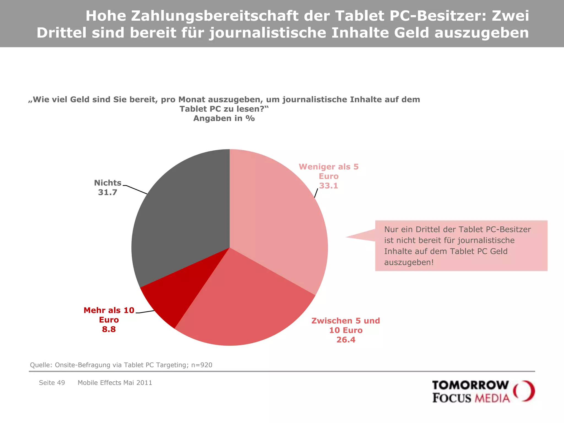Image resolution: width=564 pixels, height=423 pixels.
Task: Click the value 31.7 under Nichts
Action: click(108, 192)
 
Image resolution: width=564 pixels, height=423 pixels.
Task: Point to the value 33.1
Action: click(329, 186)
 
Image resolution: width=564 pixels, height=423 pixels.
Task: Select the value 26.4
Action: click(346, 340)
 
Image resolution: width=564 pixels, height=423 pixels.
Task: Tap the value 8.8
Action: click(109, 329)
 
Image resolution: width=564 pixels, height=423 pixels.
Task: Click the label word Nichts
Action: click(108, 183)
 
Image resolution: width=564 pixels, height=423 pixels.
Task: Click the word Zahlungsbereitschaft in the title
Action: click(215, 16)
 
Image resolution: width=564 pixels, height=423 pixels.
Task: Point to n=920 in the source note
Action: click(202, 365)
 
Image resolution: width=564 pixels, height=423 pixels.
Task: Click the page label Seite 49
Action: click(52, 383)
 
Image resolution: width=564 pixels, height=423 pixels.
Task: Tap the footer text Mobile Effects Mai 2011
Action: click(115, 383)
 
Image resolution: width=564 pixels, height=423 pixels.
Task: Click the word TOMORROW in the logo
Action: click(470, 385)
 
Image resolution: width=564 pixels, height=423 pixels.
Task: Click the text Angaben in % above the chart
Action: click(224, 118)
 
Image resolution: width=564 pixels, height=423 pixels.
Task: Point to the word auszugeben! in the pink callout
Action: click(409, 262)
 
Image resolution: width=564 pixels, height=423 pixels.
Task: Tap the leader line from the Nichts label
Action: click(136, 190)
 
